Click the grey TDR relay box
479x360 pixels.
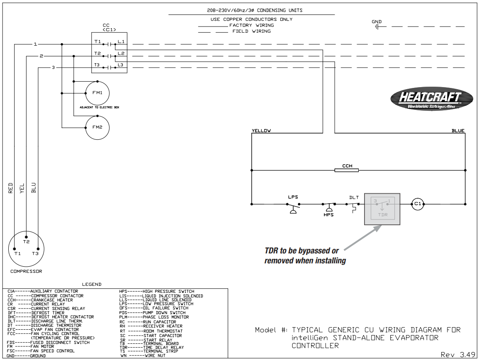click(382, 209)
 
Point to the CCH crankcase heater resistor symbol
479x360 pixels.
click(347, 170)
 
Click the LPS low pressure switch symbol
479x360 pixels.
click(293, 207)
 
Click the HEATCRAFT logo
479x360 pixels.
click(431, 99)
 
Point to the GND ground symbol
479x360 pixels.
click(377, 27)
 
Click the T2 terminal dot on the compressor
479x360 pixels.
click(26, 237)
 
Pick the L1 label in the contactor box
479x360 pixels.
click(121, 41)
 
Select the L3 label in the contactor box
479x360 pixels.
click(120, 65)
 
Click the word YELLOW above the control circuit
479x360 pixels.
click(261, 131)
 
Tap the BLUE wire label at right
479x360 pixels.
click(458, 131)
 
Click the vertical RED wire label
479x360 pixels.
click(11, 188)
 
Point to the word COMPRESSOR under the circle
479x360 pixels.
click(26, 271)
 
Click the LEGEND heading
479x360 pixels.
click(92, 284)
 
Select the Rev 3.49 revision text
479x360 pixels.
click(458, 355)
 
